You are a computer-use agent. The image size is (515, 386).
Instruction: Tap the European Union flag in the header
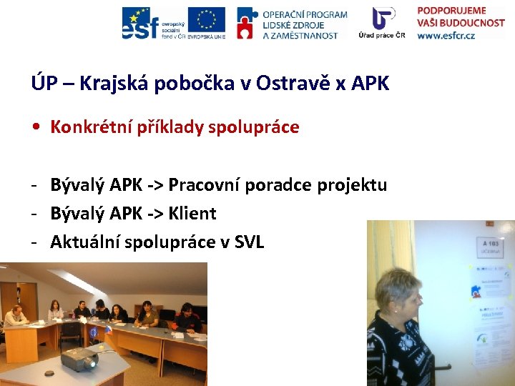tap(206, 19)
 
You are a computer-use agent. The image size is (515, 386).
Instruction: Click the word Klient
tap(192, 213)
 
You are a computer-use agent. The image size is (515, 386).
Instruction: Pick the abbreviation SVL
tap(249, 242)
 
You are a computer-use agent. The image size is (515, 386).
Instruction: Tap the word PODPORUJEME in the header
tap(451, 11)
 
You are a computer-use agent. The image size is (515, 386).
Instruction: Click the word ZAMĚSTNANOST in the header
tap(300, 35)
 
